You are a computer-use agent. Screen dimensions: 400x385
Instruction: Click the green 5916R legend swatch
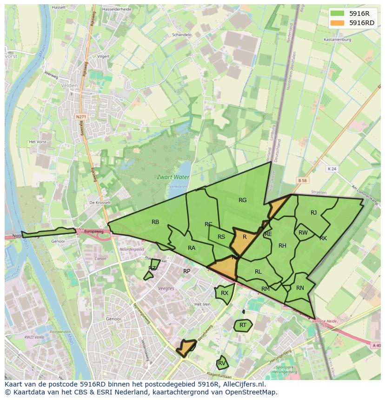(338, 13)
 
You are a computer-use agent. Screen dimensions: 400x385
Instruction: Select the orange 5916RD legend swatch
(338, 23)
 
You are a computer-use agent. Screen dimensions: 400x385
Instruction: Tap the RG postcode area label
(242, 200)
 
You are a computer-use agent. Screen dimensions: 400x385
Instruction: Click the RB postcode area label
(155, 222)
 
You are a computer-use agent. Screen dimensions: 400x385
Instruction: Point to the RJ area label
(313, 213)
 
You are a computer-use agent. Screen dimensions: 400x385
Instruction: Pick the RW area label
(303, 233)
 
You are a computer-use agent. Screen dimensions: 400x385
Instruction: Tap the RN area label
(300, 288)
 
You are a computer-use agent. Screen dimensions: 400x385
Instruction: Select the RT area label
(243, 325)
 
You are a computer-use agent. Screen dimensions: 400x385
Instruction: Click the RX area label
(225, 293)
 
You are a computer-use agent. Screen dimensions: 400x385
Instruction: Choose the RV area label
(222, 363)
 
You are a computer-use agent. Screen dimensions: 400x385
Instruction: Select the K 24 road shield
(331, 169)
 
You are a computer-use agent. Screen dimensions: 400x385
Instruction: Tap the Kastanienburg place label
(337, 40)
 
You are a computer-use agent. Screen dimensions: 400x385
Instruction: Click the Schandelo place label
(182, 34)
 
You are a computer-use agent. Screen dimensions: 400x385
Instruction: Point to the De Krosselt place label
(100, 203)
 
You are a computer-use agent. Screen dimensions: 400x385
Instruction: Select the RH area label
(282, 246)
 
